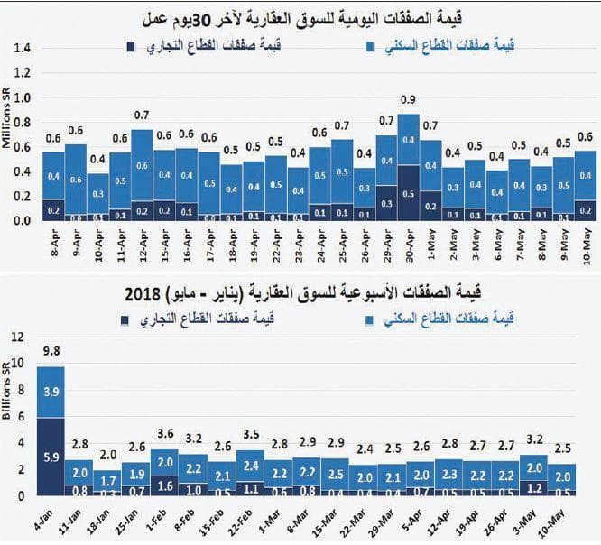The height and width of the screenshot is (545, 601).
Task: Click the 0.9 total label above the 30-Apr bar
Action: (408, 99)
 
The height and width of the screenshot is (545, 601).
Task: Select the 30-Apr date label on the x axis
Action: (408, 244)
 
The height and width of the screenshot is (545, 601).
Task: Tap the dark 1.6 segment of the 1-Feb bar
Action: (164, 483)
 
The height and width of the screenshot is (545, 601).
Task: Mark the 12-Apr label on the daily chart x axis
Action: (142, 244)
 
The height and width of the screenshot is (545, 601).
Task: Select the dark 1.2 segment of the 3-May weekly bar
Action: (533, 487)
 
